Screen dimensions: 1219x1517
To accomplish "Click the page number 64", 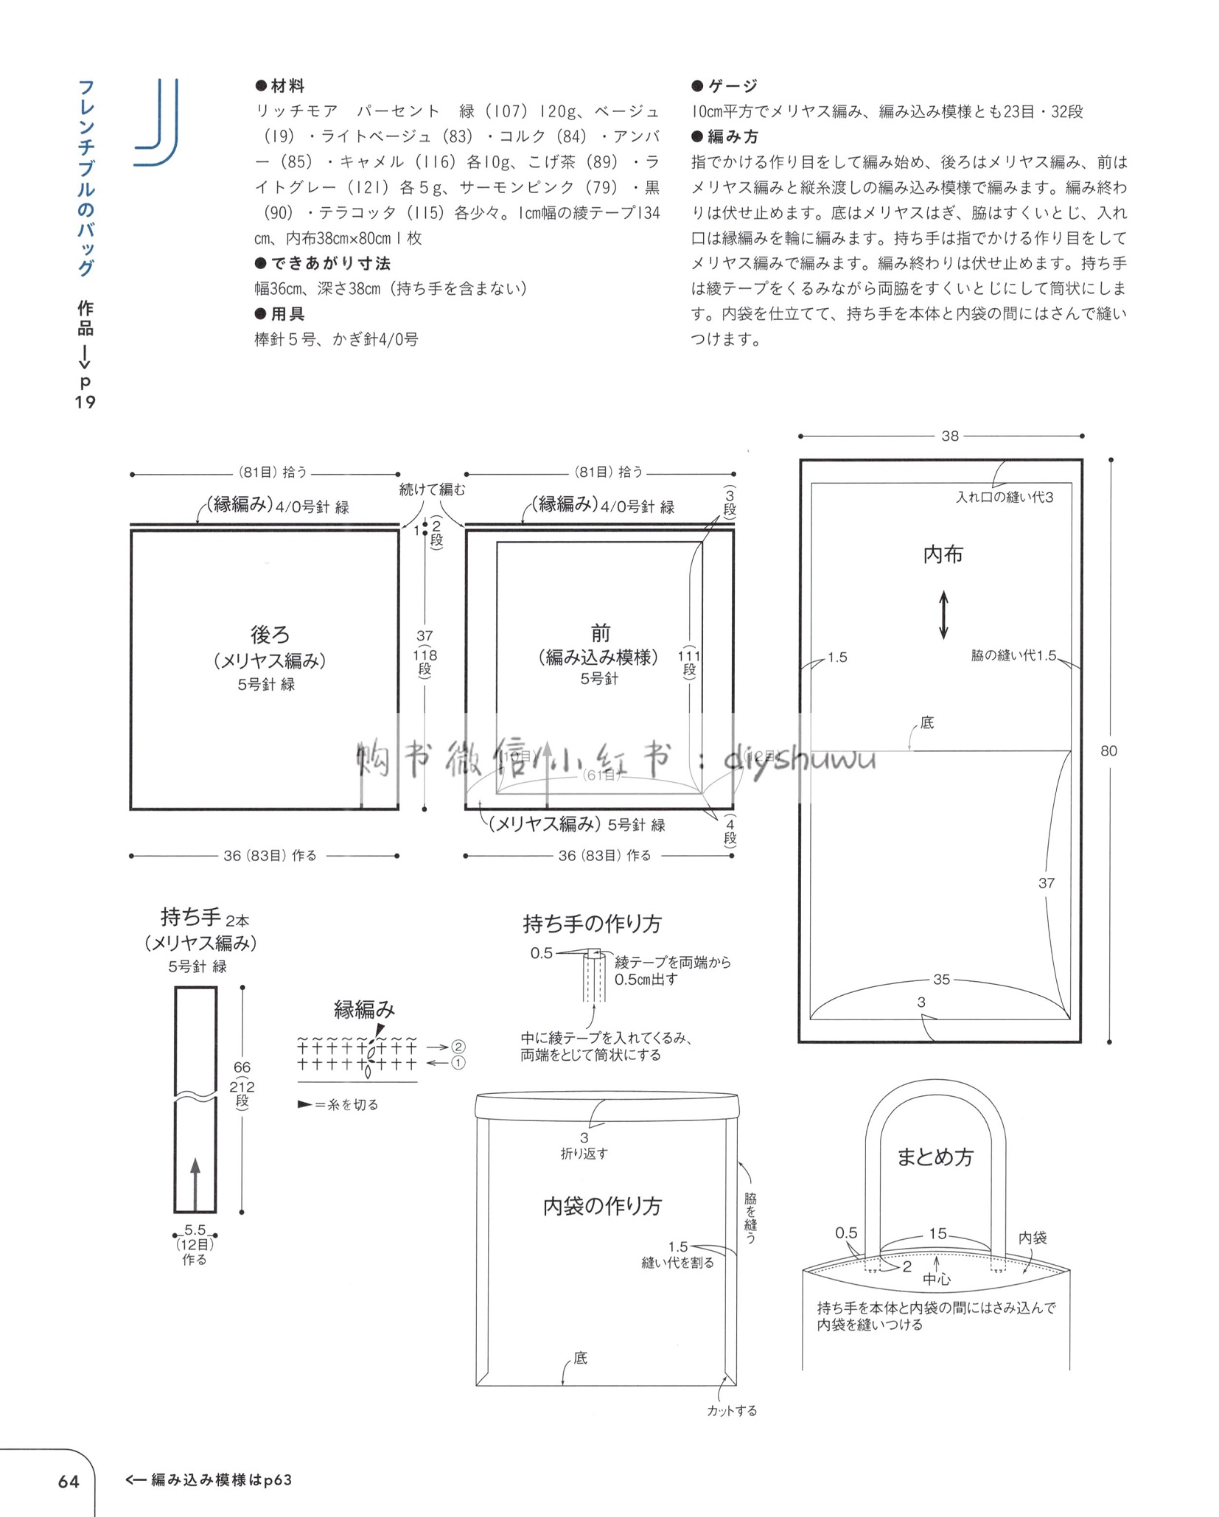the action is (69, 1480).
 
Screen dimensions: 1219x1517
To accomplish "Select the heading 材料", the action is (287, 86).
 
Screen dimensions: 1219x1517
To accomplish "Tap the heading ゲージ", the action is (733, 86).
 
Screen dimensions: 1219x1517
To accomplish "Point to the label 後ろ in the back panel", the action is (270, 634).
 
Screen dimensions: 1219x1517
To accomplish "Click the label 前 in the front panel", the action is (601, 633).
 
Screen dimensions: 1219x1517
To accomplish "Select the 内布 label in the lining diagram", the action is (943, 554).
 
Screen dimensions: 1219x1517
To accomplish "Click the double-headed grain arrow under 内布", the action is (943, 615).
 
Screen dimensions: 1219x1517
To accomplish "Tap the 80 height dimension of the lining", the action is (1108, 751).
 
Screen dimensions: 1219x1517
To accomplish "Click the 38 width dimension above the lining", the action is (950, 436).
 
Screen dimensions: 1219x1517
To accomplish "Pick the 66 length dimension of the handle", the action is (242, 1067).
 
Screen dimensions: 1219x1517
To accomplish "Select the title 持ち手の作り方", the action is (593, 924).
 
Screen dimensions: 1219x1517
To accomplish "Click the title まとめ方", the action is (935, 1157).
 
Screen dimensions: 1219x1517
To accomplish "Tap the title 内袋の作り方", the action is (603, 1206).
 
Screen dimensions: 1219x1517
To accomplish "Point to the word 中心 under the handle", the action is (937, 1280).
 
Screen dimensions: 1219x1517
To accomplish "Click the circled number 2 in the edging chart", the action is (458, 1047).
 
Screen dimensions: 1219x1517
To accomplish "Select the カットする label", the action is (732, 1411).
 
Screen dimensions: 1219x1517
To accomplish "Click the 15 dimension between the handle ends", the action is (937, 1234).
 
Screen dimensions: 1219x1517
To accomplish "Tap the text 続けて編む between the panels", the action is (433, 489).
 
